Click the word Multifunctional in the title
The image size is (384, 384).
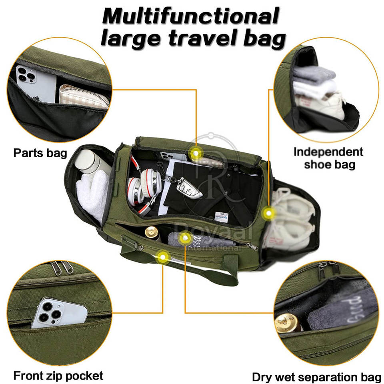(190, 17)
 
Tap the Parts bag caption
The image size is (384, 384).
(40, 153)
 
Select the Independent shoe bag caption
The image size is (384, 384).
(328, 158)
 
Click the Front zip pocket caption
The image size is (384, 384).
(58, 376)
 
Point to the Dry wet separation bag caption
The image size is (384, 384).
(316, 377)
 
